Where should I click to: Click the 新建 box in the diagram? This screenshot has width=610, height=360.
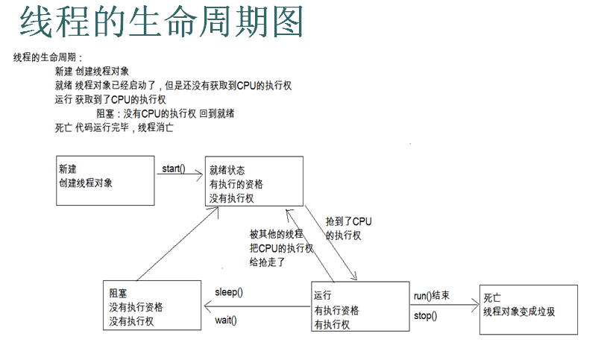click(105, 180)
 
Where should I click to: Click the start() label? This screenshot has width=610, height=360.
click(174, 168)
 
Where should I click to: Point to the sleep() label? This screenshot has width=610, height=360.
click(229, 292)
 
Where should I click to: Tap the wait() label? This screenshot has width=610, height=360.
click(225, 320)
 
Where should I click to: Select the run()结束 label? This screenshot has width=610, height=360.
click(432, 296)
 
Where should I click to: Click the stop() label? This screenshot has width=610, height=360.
click(425, 315)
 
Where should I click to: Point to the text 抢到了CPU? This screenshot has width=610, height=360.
click(348, 221)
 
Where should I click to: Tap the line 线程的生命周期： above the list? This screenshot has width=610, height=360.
click(48, 58)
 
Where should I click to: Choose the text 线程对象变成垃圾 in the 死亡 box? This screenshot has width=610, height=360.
click(519, 312)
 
